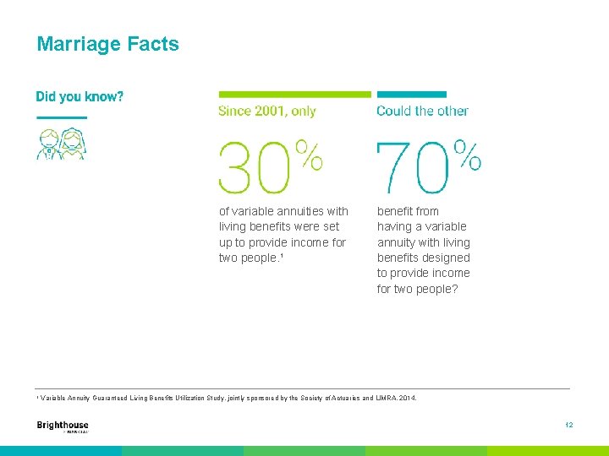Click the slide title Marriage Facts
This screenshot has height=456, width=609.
click(107, 44)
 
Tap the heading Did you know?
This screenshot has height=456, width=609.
click(80, 96)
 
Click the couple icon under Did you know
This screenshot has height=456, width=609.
click(61, 144)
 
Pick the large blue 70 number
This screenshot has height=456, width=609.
click(413, 168)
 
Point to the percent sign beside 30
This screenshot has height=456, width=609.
click(309, 156)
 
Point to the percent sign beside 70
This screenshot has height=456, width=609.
click(468, 156)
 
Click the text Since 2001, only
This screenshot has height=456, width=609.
click(266, 111)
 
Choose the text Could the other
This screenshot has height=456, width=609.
click(422, 111)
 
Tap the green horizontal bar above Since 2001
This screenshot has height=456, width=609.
click(294, 94)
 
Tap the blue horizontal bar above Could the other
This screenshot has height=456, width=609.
click(411, 94)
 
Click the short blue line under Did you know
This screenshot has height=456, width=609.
click(61, 117)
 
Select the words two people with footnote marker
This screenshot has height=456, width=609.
click(249, 258)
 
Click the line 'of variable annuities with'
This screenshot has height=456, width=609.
click(283, 211)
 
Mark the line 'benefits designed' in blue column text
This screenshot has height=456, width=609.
click(423, 258)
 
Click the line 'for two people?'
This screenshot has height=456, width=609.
click(419, 289)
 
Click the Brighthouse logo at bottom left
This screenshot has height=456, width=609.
click(63, 426)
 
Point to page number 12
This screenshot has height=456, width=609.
click(569, 425)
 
